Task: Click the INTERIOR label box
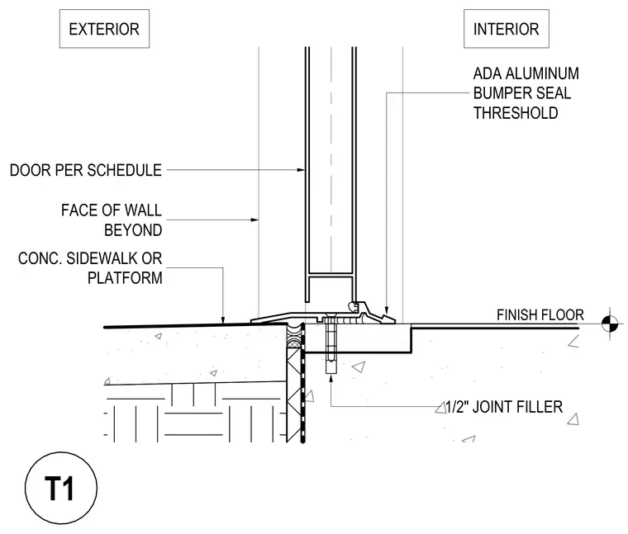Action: tap(507, 29)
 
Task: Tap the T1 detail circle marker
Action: tap(61, 488)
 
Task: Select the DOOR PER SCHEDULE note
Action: tap(86, 170)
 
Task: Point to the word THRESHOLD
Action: tap(516, 113)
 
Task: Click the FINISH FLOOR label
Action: tap(540, 314)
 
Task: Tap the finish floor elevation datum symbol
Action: tap(610, 324)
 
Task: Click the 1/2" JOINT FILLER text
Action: tap(504, 407)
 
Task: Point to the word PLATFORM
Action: tap(125, 278)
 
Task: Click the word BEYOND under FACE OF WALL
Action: tap(133, 230)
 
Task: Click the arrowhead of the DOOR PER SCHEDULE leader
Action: tap(301, 170)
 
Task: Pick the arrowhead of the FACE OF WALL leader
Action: tap(255, 220)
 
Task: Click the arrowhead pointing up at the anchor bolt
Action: tap(331, 378)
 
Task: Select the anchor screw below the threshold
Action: tap(331, 345)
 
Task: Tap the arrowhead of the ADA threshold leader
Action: tap(387, 310)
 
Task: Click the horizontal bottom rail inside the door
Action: tap(331, 275)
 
